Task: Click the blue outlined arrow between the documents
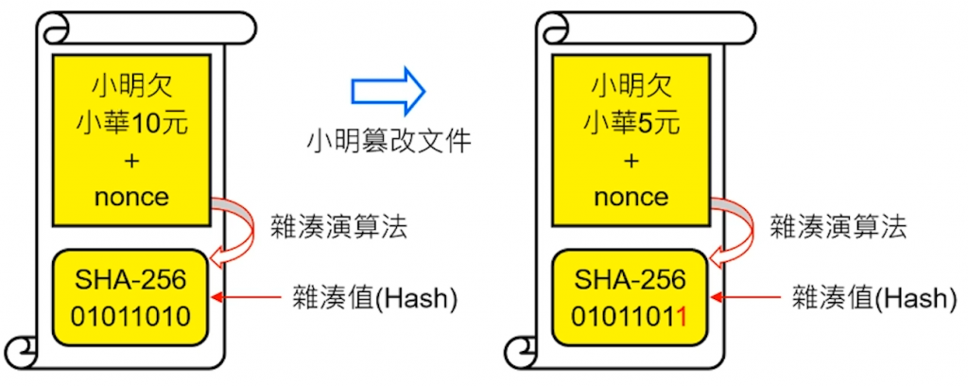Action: (388, 91)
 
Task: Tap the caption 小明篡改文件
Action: (389, 141)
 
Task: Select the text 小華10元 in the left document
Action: (131, 122)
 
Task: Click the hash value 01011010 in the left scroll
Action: (131, 316)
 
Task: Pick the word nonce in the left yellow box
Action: (131, 197)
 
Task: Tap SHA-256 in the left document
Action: (131, 280)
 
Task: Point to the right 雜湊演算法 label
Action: (838, 227)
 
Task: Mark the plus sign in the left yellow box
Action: (131, 160)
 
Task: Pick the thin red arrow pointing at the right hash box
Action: (744, 299)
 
